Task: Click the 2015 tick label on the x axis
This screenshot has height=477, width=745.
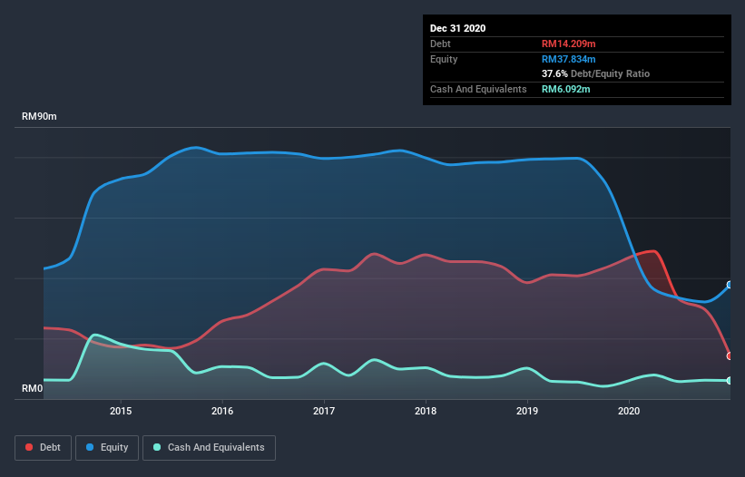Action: point(121,411)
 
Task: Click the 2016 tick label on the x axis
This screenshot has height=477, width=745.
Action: point(222,411)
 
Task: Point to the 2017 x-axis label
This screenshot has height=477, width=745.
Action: point(324,411)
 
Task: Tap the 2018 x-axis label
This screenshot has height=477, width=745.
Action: point(426,411)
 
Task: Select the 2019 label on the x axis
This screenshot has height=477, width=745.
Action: point(527,411)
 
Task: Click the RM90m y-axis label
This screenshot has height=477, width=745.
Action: point(41,117)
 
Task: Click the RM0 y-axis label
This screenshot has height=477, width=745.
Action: point(32,388)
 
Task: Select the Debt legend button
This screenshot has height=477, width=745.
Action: point(42,447)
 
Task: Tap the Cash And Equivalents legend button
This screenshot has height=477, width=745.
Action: point(209,447)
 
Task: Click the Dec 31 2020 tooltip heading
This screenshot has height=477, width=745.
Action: point(457,28)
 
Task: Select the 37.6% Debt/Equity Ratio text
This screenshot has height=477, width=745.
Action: point(595,73)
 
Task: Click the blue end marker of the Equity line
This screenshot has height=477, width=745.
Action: point(729,285)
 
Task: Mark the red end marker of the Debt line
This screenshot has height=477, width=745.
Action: point(729,355)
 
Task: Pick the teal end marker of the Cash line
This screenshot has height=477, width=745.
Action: point(729,381)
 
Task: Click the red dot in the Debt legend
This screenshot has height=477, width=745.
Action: point(30,447)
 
